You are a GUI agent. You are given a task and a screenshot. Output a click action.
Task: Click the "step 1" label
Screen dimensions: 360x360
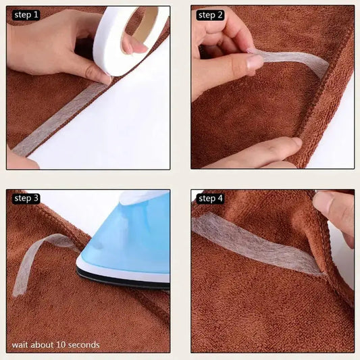pos(26,15)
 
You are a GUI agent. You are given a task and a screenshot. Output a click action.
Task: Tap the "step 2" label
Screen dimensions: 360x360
pos(211,15)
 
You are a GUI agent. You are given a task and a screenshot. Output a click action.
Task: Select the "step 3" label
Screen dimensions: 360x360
pos(26,199)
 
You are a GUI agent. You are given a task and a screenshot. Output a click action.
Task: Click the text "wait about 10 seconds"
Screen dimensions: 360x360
pos(55,345)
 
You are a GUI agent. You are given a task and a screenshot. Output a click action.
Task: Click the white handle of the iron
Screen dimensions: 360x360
pos(142,197)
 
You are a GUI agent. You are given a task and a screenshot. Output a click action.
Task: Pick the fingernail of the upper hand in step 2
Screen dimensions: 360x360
pos(255,62)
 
